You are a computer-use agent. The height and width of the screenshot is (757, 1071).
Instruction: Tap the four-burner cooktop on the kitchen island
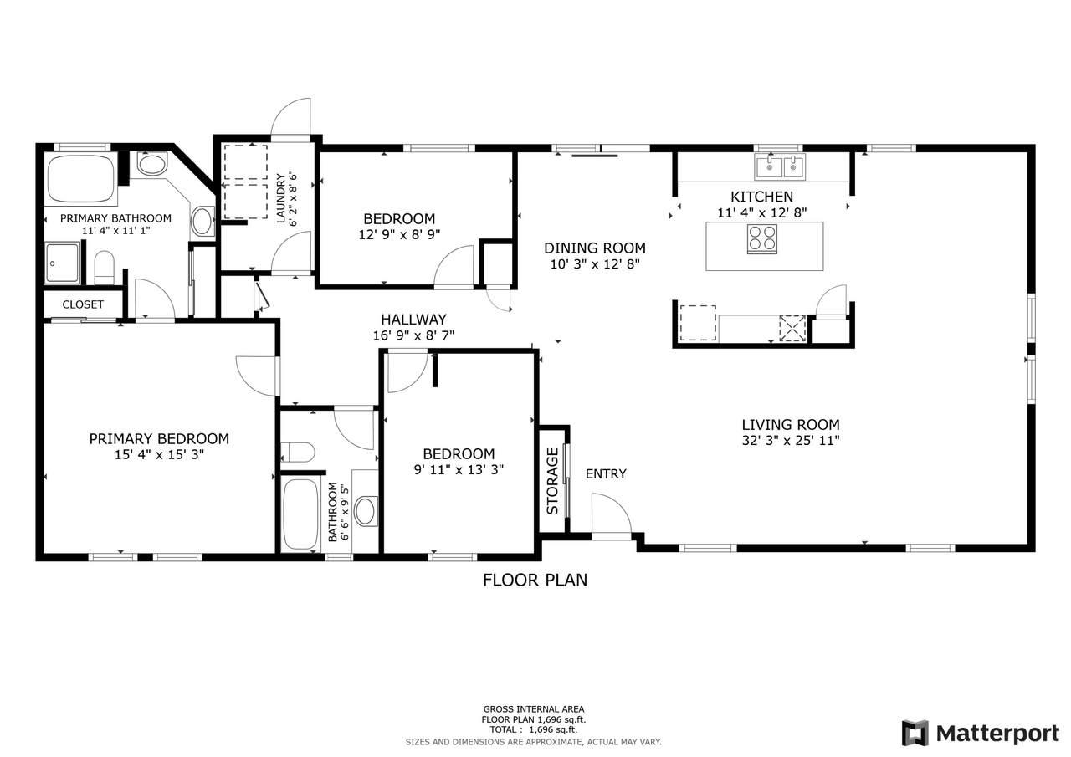tap(762, 238)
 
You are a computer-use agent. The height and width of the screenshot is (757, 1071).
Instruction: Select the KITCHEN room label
tap(761, 197)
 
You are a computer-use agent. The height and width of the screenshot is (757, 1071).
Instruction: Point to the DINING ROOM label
tap(595, 248)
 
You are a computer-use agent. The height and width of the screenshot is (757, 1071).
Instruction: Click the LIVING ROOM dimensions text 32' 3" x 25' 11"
tap(791, 440)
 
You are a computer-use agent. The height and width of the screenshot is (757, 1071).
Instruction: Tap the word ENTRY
tap(606, 473)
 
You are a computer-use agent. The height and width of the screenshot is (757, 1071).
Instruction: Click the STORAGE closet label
tap(553, 481)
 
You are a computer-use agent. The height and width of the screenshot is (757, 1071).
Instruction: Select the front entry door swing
tap(612, 516)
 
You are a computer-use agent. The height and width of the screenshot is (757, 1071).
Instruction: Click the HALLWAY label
tap(413, 320)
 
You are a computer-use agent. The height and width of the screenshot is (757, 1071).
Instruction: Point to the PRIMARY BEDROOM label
tap(159, 438)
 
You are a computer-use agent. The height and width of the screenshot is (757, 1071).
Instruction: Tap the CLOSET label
tap(83, 304)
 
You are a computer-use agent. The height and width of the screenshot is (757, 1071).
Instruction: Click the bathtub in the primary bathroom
tap(81, 178)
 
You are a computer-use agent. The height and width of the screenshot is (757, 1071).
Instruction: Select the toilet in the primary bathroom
tap(105, 269)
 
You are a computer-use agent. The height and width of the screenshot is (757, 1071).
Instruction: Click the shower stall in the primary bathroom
tap(62, 263)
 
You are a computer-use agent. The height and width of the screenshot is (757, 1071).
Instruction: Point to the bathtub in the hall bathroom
tap(300, 514)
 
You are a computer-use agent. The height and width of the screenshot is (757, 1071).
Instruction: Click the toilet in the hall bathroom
tap(297, 452)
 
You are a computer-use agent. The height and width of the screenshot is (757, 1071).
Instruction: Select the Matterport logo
tap(980, 733)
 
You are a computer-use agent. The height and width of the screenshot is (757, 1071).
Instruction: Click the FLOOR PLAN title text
tap(535, 581)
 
